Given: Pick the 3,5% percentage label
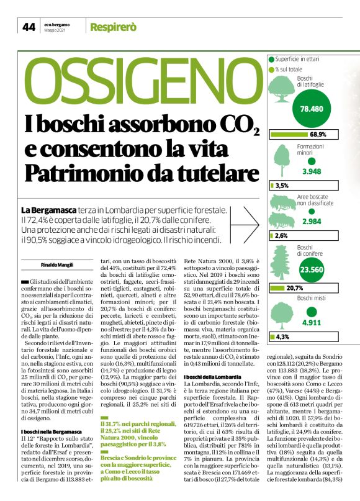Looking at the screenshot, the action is pos(282,186).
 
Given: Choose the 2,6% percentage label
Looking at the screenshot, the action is pos(281,236).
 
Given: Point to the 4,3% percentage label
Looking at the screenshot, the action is pos(282,337).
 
